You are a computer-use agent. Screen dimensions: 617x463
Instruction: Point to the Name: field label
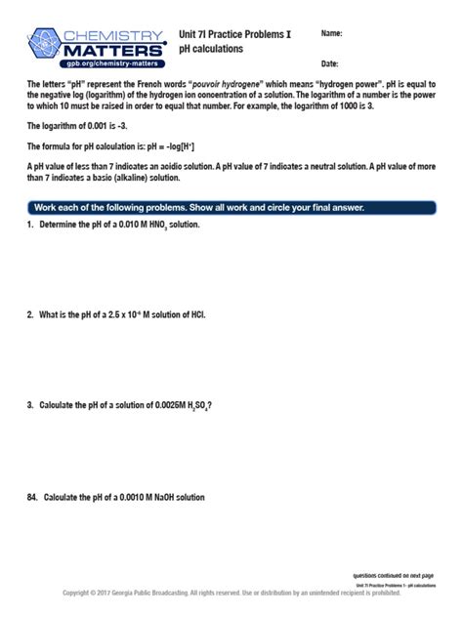[332, 33]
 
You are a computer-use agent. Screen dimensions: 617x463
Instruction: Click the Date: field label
[330, 63]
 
